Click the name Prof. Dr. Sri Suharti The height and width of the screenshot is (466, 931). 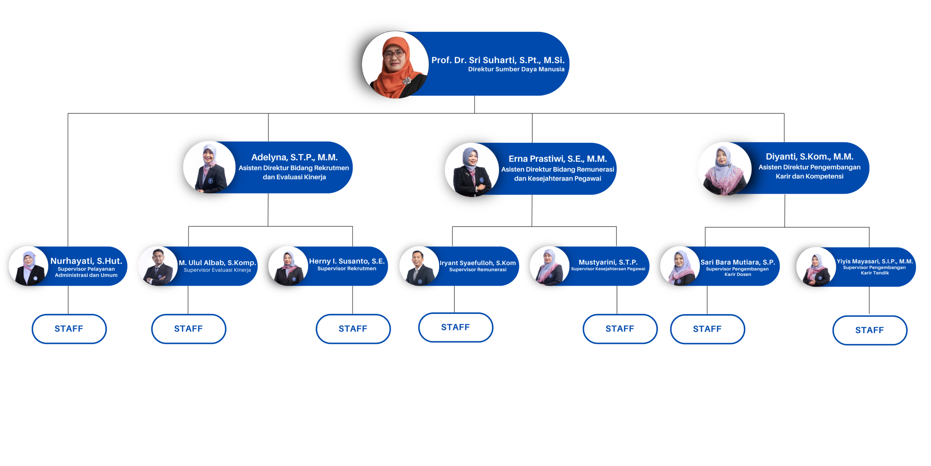498,60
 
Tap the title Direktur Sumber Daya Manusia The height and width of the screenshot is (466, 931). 516,69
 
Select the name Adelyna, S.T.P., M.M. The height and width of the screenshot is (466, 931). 294,157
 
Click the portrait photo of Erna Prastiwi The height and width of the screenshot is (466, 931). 471,170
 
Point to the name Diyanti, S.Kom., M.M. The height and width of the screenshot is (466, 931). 809,157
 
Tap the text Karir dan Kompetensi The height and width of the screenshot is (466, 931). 809,176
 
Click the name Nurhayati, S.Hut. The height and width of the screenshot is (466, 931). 86,261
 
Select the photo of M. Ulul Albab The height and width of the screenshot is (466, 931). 158,266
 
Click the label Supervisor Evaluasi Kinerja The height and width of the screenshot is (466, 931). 217,270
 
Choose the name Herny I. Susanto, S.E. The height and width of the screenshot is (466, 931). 347,261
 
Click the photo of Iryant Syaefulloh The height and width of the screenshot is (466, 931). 419,266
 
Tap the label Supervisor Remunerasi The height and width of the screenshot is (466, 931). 478,270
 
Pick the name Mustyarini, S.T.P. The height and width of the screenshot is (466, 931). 608,262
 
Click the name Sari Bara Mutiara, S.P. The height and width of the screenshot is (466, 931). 738,262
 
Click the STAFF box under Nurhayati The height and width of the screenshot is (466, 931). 69,329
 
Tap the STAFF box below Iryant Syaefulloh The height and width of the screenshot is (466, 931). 455,327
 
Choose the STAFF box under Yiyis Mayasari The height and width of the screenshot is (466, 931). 869,330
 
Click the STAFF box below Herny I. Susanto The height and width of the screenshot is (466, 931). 353,329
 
